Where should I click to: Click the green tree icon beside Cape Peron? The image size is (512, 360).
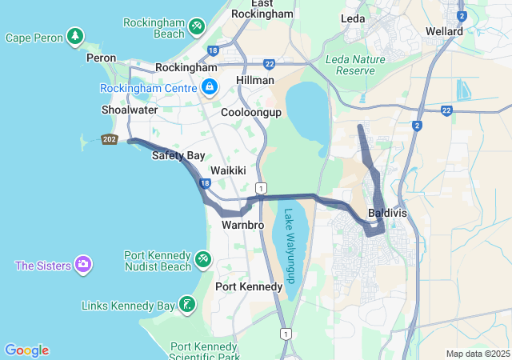(75, 36)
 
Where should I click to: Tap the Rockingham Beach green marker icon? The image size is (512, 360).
(196, 29)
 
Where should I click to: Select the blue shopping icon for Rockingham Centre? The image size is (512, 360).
(209, 86)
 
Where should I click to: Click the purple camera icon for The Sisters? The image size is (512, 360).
(82, 264)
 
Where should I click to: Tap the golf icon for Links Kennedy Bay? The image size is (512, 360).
(186, 304)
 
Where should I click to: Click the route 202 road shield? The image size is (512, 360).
(109, 140)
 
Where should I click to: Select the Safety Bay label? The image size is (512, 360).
(178, 155)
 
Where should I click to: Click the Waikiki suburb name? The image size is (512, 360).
(228, 171)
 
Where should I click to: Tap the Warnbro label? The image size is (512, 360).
(237, 226)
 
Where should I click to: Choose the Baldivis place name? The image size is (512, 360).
(387, 214)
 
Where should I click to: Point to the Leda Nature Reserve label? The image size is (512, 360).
(350, 65)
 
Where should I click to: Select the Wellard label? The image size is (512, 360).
(445, 31)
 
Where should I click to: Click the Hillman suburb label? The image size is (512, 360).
(255, 81)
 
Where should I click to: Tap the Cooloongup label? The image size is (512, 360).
(251, 113)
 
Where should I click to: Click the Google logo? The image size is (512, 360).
(26, 350)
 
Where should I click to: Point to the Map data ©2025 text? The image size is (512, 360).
(477, 354)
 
